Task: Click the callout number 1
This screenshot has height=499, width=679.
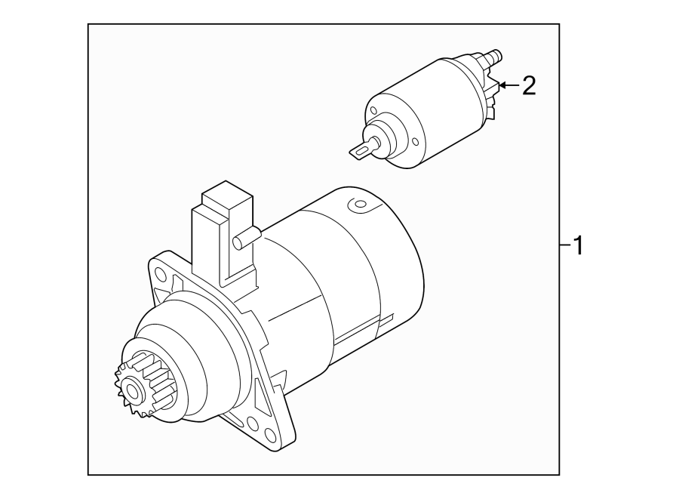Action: click(577, 245)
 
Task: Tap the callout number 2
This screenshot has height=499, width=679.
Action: click(528, 86)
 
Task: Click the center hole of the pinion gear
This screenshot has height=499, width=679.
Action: click(134, 392)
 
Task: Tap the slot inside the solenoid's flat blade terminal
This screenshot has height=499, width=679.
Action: click(360, 151)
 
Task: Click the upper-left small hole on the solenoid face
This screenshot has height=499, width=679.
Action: click(371, 112)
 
